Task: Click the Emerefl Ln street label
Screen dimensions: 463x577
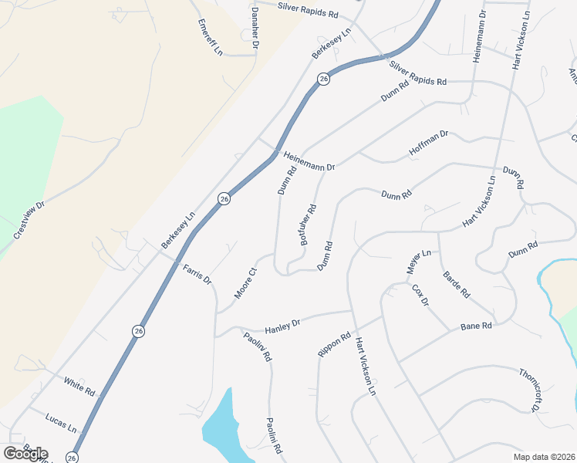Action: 209,37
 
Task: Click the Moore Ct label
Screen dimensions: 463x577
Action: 245,283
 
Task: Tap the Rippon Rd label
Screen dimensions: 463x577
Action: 334,344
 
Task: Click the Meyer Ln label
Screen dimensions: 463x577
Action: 418,263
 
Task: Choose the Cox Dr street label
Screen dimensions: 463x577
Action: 420,295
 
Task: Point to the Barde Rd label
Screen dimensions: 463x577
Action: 456,285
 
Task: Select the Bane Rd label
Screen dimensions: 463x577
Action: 476,328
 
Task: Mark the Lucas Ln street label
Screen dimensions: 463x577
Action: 62,421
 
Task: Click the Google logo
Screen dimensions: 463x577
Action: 25,453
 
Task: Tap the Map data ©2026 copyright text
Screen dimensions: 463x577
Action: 544,457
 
